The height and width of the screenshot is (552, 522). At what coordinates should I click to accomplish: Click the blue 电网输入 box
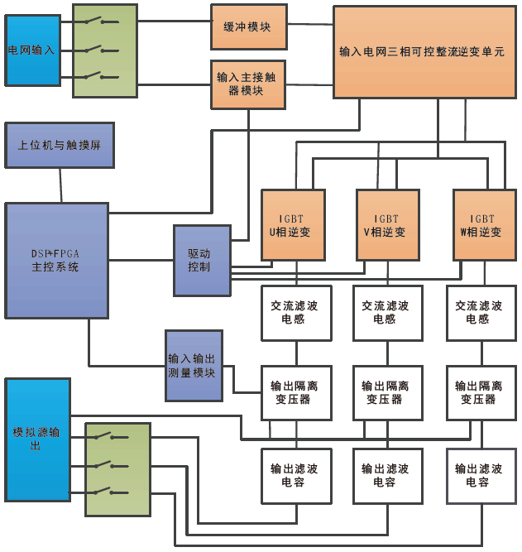[x=33, y=50]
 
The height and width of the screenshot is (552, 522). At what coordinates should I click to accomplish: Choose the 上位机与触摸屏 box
[x=60, y=145]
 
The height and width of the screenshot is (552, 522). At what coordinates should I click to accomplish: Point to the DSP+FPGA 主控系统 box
[x=57, y=260]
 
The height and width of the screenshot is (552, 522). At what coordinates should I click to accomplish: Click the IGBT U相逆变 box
[x=295, y=225]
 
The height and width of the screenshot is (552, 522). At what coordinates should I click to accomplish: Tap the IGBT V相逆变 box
[x=387, y=225]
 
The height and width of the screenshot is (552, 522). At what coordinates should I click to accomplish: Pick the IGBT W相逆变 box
[x=481, y=225]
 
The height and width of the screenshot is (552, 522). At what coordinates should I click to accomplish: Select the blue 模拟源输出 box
[x=37, y=439]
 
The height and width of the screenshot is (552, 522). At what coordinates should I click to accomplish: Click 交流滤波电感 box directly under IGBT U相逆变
[x=295, y=313]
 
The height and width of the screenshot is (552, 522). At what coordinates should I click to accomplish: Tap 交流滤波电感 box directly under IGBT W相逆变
[x=481, y=313]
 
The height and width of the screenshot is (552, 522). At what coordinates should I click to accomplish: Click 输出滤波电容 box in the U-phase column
[x=295, y=475]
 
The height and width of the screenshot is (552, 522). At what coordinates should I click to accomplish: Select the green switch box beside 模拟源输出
[x=118, y=469]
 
